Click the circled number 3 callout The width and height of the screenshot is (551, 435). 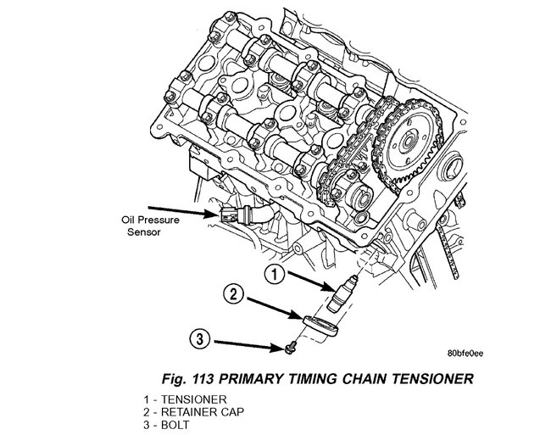199,341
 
